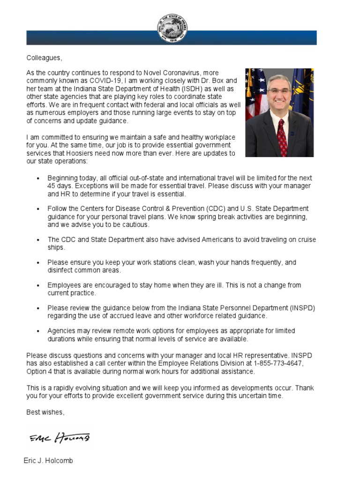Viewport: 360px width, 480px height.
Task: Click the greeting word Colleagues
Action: [x=44, y=58]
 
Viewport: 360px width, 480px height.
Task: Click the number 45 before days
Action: [x=52, y=186]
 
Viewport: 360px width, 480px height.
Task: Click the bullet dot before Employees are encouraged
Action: [x=38, y=285]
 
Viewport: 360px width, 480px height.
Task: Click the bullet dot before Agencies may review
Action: [x=38, y=331]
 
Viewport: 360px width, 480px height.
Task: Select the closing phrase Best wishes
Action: [x=45, y=412]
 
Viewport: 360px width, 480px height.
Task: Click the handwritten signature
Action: [x=60, y=438]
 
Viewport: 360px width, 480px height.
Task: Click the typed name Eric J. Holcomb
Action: [x=48, y=461]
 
